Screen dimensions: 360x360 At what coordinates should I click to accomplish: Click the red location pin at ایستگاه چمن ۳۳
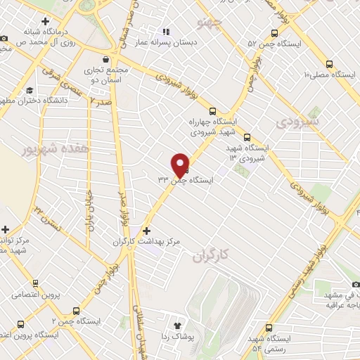(x=181, y=165)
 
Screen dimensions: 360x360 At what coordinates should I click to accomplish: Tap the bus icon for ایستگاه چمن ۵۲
(x=275, y=34)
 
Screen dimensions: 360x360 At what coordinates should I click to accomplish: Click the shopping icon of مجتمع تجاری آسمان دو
(x=105, y=59)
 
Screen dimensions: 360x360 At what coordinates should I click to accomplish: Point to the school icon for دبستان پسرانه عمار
(x=166, y=32)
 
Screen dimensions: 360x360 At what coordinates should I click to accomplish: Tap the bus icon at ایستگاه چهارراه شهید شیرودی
(x=213, y=110)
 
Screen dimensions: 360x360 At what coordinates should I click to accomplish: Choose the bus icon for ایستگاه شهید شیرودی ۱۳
(x=247, y=139)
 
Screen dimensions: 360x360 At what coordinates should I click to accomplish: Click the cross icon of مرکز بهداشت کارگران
(x=146, y=231)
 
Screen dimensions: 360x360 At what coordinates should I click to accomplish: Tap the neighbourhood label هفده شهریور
(x=46, y=149)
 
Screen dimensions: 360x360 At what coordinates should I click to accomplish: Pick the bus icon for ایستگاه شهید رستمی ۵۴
(x=269, y=328)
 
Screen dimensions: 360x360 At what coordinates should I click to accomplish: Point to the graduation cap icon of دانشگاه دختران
(x=30, y=91)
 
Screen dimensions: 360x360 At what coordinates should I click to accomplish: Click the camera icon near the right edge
(x=356, y=283)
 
